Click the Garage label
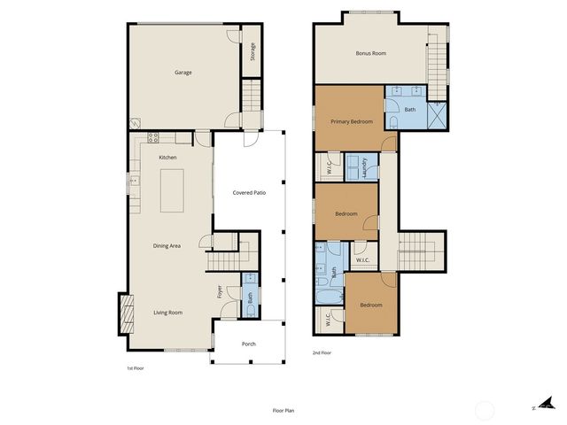[x=183, y=73]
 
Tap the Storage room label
[x=252, y=52]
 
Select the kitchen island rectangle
[x=173, y=190]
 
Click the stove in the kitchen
[x=153, y=137]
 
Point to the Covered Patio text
[x=249, y=192]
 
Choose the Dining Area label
[x=167, y=245]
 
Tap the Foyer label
[x=220, y=290]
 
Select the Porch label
[x=248, y=345]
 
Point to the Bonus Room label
[x=370, y=53]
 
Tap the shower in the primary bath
[x=437, y=116]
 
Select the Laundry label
[x=364, y=166]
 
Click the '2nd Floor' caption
[x=322, y=353]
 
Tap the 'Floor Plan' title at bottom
[x=284, y=411]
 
